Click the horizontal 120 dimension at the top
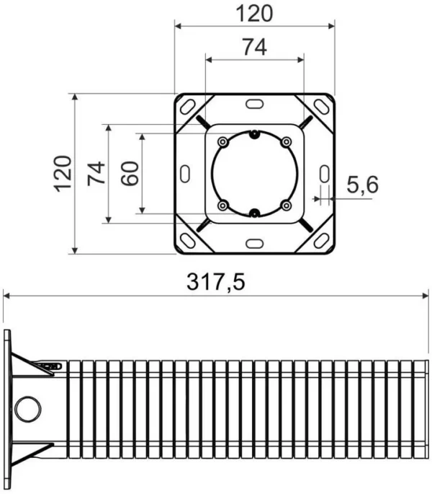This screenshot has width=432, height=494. pos(255,13)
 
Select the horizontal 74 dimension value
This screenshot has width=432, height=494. pos(254,47)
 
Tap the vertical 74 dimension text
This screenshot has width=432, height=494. pos(96,173)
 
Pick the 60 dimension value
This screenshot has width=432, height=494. pos(129,173)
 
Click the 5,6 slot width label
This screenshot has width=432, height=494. pos(362,185)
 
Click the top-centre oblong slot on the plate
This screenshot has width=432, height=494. pos(254,105)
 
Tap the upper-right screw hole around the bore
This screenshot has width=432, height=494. pos(286,141)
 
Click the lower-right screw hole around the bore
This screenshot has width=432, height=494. pos(286,206)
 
